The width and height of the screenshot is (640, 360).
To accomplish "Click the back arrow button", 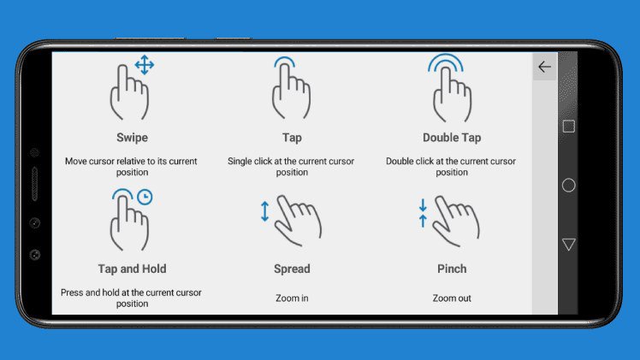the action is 544,67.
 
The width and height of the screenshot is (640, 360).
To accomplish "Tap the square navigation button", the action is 569,127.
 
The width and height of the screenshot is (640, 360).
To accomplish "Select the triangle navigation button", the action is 569,245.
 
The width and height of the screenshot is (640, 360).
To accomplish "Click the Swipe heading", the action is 132,138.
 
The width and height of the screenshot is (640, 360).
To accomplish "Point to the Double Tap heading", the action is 452,138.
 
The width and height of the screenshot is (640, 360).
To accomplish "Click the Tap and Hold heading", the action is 132,269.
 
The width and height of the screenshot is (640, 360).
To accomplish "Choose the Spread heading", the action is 292,269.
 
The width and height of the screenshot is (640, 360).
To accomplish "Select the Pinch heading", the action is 452,269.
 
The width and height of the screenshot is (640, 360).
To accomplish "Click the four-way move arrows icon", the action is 145,65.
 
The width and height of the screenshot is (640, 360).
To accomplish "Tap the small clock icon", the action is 145,197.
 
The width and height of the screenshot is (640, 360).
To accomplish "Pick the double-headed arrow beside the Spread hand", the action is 265,211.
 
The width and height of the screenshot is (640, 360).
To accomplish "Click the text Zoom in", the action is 292,298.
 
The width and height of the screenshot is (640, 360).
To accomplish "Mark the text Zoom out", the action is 452,298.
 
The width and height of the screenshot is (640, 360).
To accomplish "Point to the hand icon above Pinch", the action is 456,221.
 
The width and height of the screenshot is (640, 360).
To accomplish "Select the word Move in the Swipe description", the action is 76,161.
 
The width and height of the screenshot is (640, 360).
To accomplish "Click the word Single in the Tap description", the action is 240,162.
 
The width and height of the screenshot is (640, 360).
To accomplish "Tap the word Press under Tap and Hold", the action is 72,292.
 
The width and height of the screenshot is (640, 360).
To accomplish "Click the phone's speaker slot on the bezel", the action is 35,184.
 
